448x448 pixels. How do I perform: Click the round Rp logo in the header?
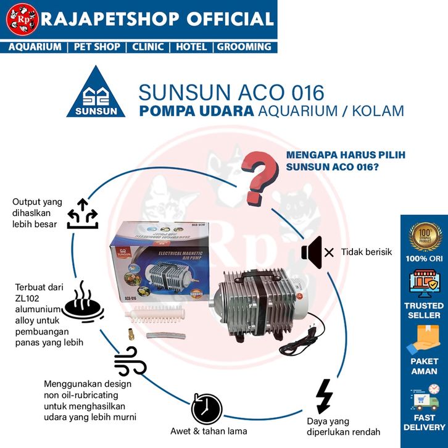[x=20, y=20]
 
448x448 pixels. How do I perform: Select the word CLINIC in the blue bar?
[x=147, y=47]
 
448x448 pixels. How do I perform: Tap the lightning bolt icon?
[x=323, y=396]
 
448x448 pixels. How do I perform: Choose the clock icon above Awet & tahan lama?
[x=206, y=409]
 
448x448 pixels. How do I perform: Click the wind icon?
[x=130, y=361]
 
